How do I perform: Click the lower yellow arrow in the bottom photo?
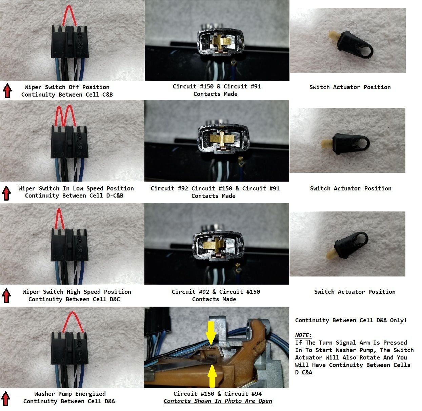[x=212, y=376]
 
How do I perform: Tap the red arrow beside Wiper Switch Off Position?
[x=7, y=91]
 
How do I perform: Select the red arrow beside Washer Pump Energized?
[x=6, y=398]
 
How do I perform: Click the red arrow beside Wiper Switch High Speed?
[x=6, y=295]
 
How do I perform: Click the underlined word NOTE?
[x=303, y=335]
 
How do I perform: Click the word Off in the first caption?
[x=74, y=87]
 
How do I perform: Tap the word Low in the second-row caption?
[x=78, y=188]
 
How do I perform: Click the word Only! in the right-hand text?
[x=398, y=320]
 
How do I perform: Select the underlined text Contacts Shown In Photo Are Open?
[x=218, y=401]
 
